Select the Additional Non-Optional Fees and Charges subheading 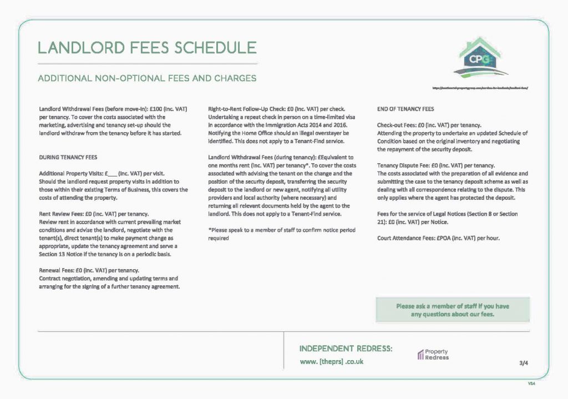[x=146, y=78]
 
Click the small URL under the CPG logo [x=479, y=88]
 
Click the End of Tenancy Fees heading [x=405, y=109]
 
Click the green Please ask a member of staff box [x=452, y=310]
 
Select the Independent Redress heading [x=346, y=349]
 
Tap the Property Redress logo [x=433, y=355]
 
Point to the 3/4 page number [x=524, y=363]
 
